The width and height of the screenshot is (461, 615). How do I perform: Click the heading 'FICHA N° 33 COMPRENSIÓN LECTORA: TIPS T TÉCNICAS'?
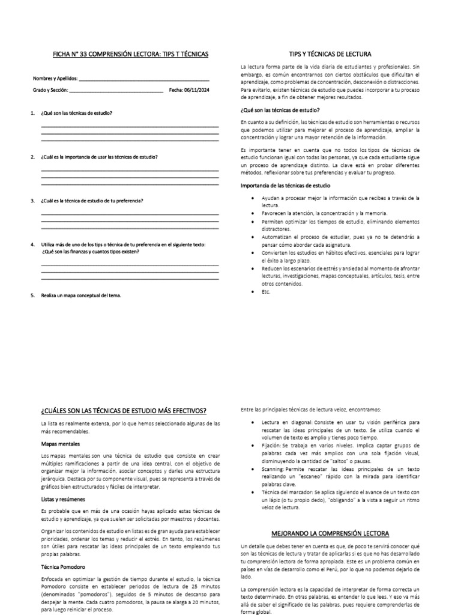[x=130, y=54]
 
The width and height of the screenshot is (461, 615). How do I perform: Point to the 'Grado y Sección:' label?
[x=51, y=91]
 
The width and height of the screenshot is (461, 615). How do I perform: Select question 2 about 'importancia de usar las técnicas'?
[x=99, y=157]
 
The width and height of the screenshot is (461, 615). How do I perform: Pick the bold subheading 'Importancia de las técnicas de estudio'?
[x=285, y=186]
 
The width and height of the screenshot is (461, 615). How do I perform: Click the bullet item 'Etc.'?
[x=266, y=291]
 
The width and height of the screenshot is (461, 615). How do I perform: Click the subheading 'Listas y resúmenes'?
[x=62, y=499]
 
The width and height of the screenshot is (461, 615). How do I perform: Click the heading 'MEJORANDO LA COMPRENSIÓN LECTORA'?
[x=330, y=533]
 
